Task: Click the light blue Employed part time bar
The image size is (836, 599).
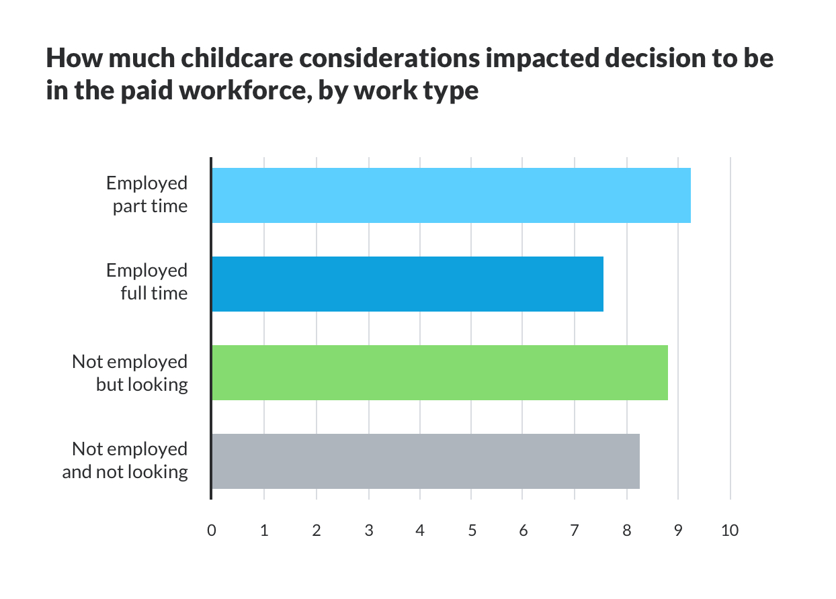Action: pyautogui.click(x=450, y=195)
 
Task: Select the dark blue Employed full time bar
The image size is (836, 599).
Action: pyautogui.click(x=407, y=284)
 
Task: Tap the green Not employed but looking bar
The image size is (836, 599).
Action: pyautogui.click(x=440, y=373)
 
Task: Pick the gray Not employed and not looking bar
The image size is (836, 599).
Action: pyautogui.click(x=425, y=461)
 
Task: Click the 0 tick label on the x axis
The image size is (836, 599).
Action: pyautogui.click(x=212, y=531)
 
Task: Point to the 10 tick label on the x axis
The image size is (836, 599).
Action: pyautogui.click(x=729, y=531)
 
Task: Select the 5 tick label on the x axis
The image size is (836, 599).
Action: pyautogui.click(x=472, y=531)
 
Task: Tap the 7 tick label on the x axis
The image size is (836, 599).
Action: pyautogui.click(x=575, y=531)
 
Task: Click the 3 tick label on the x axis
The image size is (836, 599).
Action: pyautogui.click(x=368, y=531)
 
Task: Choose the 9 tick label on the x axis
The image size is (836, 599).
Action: pyautogui.click(x=678, y=531)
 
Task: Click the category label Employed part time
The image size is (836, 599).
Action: pyautogui.click(x=148, y=194)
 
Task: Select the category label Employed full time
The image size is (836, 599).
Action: pyautogui.click(x=148, y=281)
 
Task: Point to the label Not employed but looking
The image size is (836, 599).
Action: pyautogui.click(x=130, y=373)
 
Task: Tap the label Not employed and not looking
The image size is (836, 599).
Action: pyautogui.click(x=126, y=460)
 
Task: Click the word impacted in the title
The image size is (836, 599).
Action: pyautogui.click(x=542, y=59)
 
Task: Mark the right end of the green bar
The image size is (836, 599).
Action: pyautogui.click(x=667, y=373)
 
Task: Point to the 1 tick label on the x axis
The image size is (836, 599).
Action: pyautogui.click(x=264, y=531)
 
